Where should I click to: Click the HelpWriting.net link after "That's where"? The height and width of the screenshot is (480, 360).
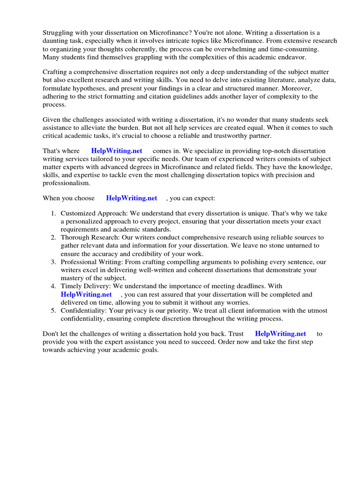pyautogui.click(x=117, y=150)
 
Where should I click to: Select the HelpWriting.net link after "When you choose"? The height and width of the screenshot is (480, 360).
pyautogui.click(x=132, y=198)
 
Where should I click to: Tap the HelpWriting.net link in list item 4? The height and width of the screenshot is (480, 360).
pyautogui.click(x=86, y=294)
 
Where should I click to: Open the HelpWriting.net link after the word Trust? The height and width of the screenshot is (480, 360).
pyautogui.click(x=281, y=334)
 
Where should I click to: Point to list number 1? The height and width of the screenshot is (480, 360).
pyautogui.click(x=53, y=213)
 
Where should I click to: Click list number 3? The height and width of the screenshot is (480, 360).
pyautogui.click(x=53, y=262)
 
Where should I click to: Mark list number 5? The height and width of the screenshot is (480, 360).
pyautogui.click(x=53, y=311)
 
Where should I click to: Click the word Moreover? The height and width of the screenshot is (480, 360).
pyautogui.click(x=302, y=88)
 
